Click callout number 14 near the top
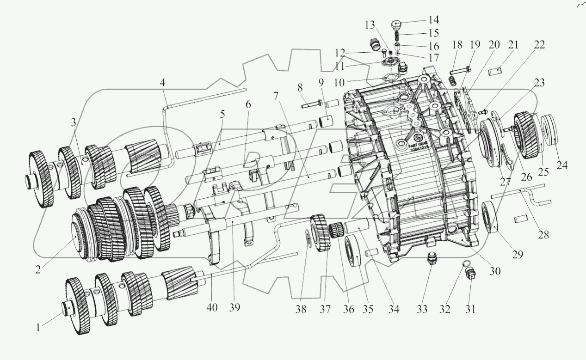(x=433, y=20)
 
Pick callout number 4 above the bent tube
(x=162, y=84)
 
